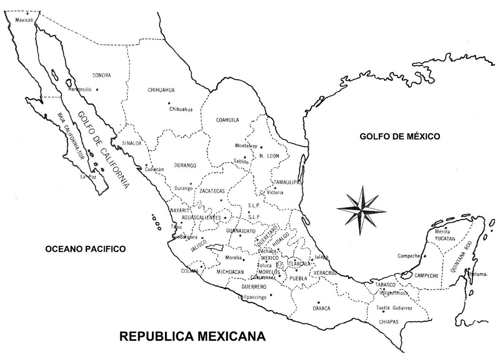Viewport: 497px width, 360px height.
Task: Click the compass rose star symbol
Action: pyautogui.click(x=362, y=210)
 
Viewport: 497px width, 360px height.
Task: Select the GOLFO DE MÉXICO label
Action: pyautogui.click(x=399, y=136)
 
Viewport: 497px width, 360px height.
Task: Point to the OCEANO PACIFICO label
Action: pyautogui.click(x=85, y=249)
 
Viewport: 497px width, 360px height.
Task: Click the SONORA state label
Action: pyautogui.click(x=101, y=75)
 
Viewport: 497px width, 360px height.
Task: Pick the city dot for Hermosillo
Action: pyautogui.click(x=97, y=89)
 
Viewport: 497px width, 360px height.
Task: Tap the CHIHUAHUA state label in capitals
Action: pyautogui.click(x=161, y=90)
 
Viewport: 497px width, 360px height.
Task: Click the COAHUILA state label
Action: pyautogui.click(x=227, y=120)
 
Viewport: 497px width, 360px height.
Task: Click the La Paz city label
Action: pyautogui.click(x=85, y=177)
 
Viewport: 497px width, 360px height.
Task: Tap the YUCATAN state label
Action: pyautogui.click(x=445, y=239)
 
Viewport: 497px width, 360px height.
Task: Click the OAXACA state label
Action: pyautogui.click(x=321, y=308)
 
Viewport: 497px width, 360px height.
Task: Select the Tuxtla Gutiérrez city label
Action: pyautogui.click(x=395, y=308)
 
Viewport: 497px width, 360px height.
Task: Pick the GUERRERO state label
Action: pyautogui.click(x=254, y=287)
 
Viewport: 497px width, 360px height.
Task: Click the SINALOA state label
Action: pyautogui.click(x=132, y=143)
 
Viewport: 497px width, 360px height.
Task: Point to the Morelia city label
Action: pyautogui.click(x=233, y=258)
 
